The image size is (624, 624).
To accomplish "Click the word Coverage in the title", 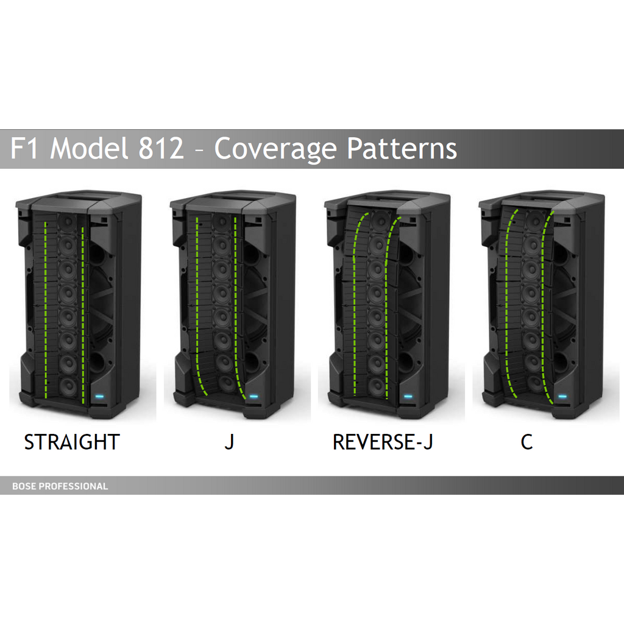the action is (277, 149).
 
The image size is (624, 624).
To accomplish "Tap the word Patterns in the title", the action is (402, 148).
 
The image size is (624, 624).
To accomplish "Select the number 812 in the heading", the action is (161, 148).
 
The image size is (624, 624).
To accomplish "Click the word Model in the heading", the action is (89, 148).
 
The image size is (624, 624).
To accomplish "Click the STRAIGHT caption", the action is (72, 442).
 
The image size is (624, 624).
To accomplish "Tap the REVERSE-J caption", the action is (383, 442).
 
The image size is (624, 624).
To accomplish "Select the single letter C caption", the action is (526, 442).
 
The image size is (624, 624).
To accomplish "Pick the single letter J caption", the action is (229, 442).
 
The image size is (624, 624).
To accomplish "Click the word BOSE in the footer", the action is (24, 486).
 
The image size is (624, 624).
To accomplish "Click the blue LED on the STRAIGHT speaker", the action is (99, 396).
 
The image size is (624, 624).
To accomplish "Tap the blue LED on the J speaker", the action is (254, 396).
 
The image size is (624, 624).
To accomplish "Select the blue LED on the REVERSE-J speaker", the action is (408, 396).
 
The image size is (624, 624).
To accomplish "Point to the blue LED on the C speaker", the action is (562, 396).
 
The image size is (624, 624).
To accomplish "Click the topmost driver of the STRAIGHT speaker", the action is (68, 222).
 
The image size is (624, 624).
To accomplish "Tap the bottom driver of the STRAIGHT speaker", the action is (68, 386).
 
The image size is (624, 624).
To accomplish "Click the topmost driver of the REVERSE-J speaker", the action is (380, 221).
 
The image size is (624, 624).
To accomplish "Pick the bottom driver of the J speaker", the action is (227, 383).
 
